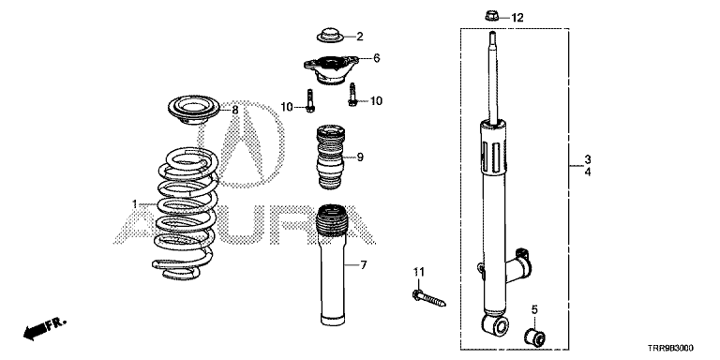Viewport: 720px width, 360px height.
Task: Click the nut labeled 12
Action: click(x=491, y=17)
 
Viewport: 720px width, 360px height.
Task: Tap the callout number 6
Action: click(x=377, y=58)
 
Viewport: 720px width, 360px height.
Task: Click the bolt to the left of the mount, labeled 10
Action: click(x=309, y=101)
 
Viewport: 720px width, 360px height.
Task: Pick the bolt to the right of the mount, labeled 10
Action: click(x=352, y=94)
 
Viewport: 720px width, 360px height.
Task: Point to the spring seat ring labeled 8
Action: click(x=194, y=111)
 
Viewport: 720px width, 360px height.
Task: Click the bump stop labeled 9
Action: click(x=331, y=157)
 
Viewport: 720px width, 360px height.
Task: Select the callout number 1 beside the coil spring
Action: click(x=135, y=203)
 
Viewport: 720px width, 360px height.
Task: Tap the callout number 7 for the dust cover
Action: click(x=363, y=265)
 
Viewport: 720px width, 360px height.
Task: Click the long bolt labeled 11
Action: click(x=429, y=298)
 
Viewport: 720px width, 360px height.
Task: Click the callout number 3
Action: click(x=588, y=159)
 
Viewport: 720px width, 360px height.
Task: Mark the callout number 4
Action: click(x=588, y=172)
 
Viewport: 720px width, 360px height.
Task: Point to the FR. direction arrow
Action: click(x=45, y=328)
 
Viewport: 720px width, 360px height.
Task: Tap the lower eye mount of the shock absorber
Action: click(x=495, y=325)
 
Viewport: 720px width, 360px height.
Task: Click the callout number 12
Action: click(x=517, y=18)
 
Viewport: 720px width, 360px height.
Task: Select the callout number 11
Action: click(x=419, y=272)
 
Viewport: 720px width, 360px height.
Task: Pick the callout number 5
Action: click(x=534, y=310)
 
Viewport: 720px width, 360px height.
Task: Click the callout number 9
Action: click(x=360, y=157)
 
